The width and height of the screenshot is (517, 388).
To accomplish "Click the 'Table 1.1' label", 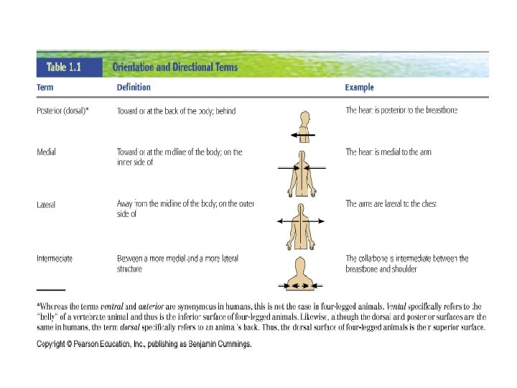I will tap(67, 68).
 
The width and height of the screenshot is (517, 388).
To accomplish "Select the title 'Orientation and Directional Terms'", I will tap(174, 68).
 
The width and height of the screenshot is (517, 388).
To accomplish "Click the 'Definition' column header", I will tap(134, 88).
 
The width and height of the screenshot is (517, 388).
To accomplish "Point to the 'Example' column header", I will tap(360, 88).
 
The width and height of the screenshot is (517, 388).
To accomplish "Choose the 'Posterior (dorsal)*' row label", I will tap(62, 111).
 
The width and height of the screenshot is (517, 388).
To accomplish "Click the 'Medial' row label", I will tap(46, 152).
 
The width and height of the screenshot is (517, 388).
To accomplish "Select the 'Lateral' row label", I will tap(46, 205).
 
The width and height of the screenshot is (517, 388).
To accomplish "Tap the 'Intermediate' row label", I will tap(55, 258).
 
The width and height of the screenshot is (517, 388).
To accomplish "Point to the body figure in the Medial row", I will tap(302, 173).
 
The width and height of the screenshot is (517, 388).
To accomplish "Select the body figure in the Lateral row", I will tap(302, 225).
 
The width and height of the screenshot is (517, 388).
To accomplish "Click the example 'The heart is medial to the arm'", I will tap(388, 152).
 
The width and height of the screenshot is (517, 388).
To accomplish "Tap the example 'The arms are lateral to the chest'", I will tap(391, 205).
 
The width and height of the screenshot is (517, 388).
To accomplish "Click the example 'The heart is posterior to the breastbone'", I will tap(401, 111).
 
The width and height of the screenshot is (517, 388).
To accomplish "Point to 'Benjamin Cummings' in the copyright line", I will tap(220, 345).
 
